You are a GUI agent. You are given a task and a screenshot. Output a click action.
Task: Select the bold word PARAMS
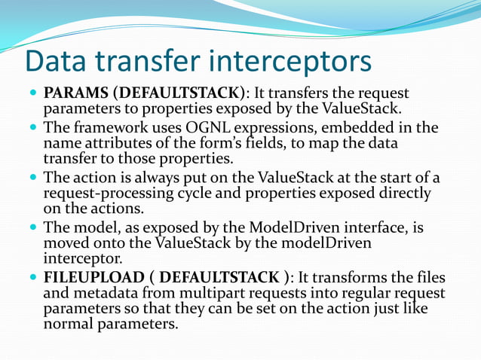76,94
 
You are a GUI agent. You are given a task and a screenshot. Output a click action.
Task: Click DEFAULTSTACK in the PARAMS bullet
179,94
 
